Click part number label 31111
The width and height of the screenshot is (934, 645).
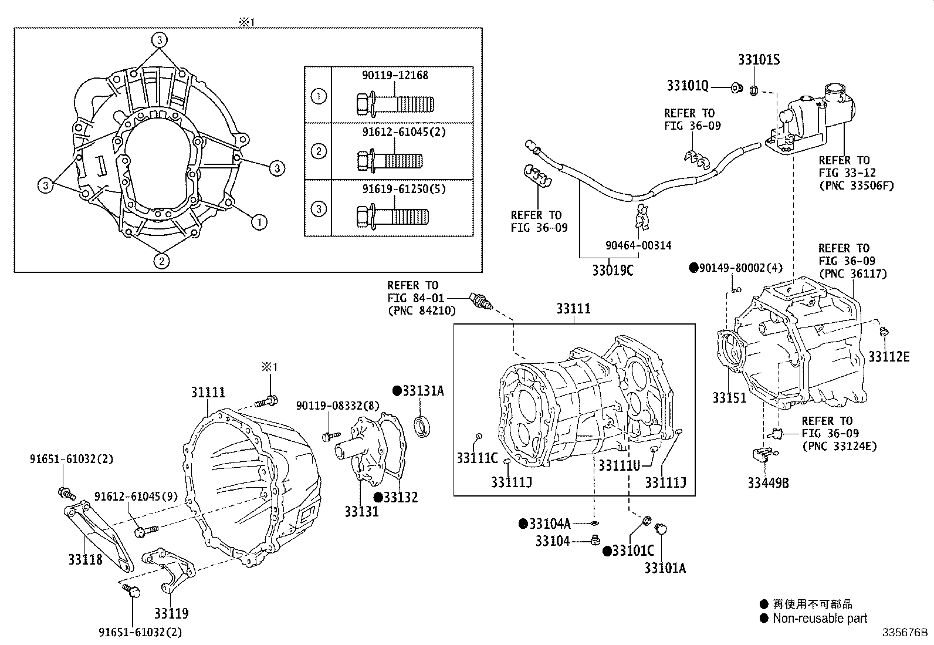pyautogui.click(x=208, y=392)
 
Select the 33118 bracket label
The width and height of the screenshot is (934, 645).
pyautogui.click(x=85, y=559)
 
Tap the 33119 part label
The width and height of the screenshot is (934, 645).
pyautogui.click(x=171, y=613)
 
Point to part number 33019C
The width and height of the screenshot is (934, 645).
pyautogui.click(x=612, y=271)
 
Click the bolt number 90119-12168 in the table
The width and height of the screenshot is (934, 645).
pyautogui.click(x=395, y=75)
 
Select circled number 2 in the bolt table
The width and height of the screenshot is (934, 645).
pyautogui.click(x=318, y=151)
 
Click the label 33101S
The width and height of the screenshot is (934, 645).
pyautogui.click(x=759, y=60)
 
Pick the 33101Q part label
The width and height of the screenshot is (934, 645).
pyautogui.click(x=687, y=86)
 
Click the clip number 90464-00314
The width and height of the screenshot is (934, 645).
pyautogui.click(x=639, y=245)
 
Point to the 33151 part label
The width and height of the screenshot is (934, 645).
pyautogui.click(x=729, y=398)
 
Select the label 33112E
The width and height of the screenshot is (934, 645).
pyautogui.click(x=889, y=356)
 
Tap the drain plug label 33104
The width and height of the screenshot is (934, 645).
pyautogui.click(x=552, y=541)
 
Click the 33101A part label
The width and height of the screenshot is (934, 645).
pyautogui.click(x=665, y=568)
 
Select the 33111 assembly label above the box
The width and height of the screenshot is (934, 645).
pyautogui.click(x=573, y=309)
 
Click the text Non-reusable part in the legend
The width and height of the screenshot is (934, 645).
pyautogui.click(x=819, y=618)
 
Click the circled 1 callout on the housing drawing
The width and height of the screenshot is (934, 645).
pyautogui.click(x=260, y=222)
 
